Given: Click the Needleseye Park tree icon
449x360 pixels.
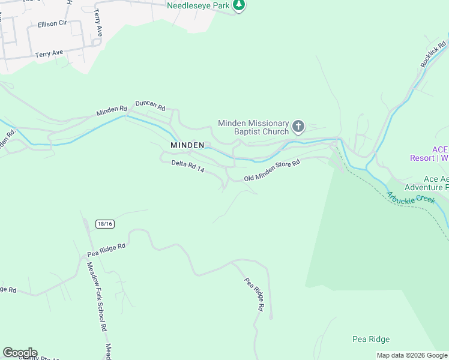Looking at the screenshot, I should tap(239, 5).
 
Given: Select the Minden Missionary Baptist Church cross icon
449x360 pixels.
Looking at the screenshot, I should tap(298, 127).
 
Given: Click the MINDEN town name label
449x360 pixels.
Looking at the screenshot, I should tap(187, 145).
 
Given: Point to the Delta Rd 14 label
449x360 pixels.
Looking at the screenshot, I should tap(188, 166).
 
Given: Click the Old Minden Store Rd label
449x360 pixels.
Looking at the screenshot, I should tap(271, 170).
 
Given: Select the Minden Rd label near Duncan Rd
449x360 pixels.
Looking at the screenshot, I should tap(112, 111).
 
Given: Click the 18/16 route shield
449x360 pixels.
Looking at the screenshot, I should tap(104, 224).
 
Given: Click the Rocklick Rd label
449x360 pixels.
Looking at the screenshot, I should tap(433, 53).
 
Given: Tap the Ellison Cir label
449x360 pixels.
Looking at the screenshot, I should tap(52, 24).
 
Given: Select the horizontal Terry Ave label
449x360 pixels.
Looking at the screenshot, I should tap(49, 53).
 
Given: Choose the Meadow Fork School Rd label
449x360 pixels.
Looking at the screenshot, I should tap(96, 296).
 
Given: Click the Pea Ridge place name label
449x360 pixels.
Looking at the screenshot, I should tap(371, 340).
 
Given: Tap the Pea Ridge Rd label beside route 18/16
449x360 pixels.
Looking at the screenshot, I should tap(106, 246).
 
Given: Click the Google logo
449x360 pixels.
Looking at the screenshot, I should tap(20, 353).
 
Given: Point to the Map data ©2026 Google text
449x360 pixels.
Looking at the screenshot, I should tap(411, 355).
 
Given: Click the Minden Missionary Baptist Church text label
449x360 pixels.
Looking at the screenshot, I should tap(253, 127).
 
